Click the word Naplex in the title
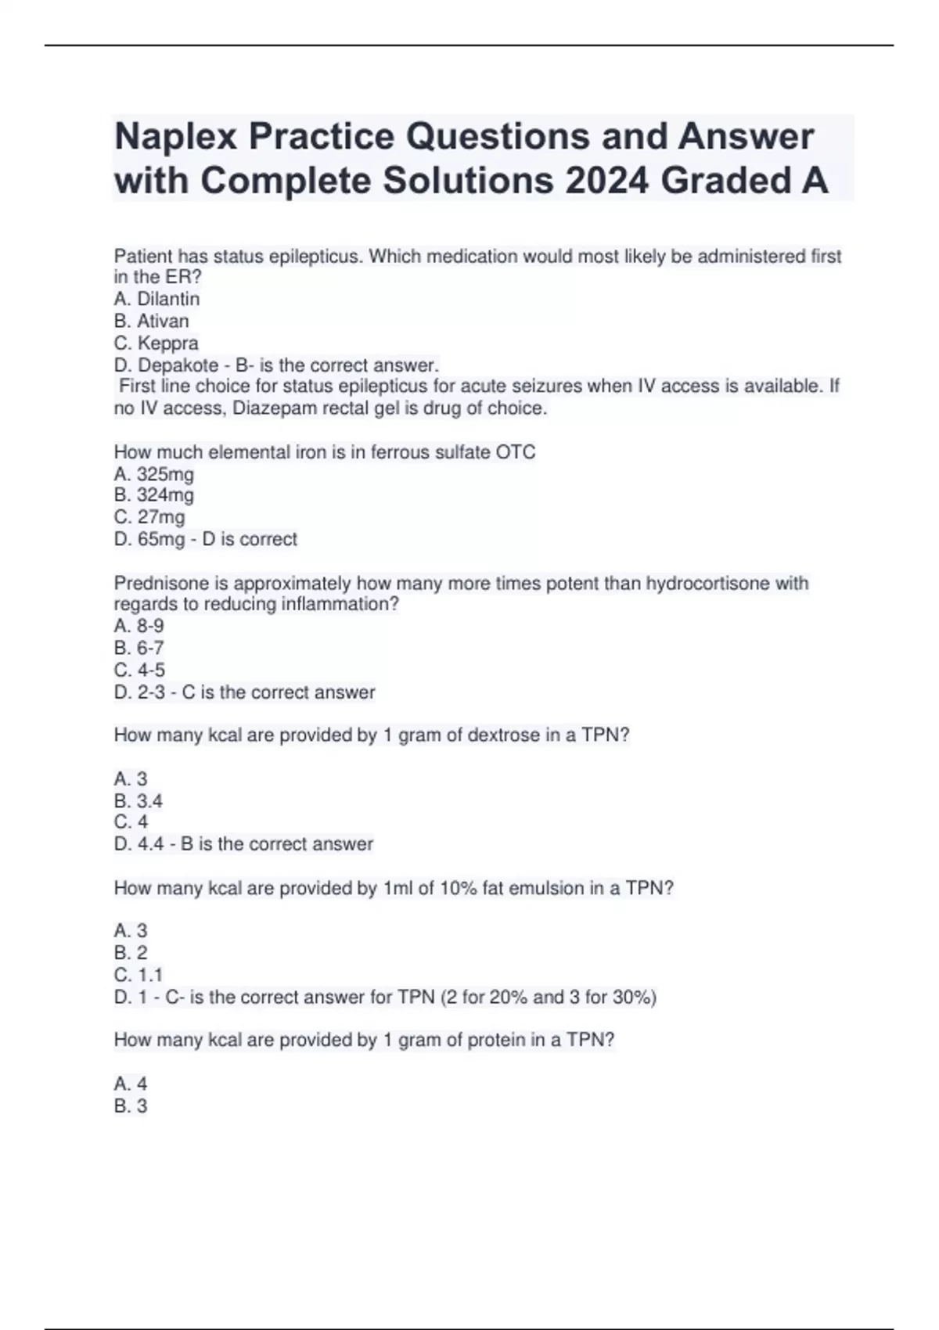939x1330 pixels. click(x=176, y=137)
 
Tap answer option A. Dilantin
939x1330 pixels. click(x=156, y=299)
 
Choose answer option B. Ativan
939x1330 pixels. click(x=151, y=321)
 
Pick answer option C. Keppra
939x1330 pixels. click(x=156, y=343)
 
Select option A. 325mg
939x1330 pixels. click(x=154, y=474)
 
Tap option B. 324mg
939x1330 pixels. click(x=154, y=494)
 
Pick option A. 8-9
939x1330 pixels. click(x=139, y=626)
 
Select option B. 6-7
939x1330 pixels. click(x=139, y=648)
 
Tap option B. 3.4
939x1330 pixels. click(x=139, y=801)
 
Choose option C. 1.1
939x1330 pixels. click(x=139, y=975)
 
